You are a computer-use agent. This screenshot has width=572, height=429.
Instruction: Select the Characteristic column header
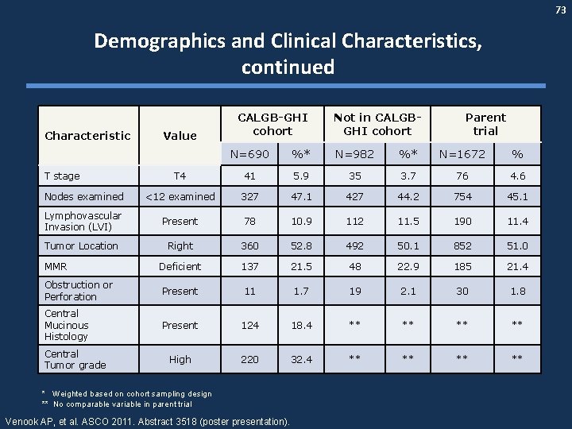88,135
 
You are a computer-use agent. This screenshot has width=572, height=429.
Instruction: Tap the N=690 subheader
249,153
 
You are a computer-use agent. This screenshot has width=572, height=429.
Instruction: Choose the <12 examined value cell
180,197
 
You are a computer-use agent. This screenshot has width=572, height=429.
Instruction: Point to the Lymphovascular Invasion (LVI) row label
83,222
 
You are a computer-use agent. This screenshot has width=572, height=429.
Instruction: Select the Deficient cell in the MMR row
180,267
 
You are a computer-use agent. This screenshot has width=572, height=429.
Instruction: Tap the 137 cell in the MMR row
249,267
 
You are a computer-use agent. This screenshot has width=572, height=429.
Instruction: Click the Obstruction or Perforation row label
79,291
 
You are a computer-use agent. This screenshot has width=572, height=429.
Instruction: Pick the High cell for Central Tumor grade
180,359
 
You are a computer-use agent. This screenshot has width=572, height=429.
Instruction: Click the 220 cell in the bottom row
249,359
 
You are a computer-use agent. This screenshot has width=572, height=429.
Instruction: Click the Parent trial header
485,124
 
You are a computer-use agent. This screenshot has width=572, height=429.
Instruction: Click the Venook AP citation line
148,420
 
